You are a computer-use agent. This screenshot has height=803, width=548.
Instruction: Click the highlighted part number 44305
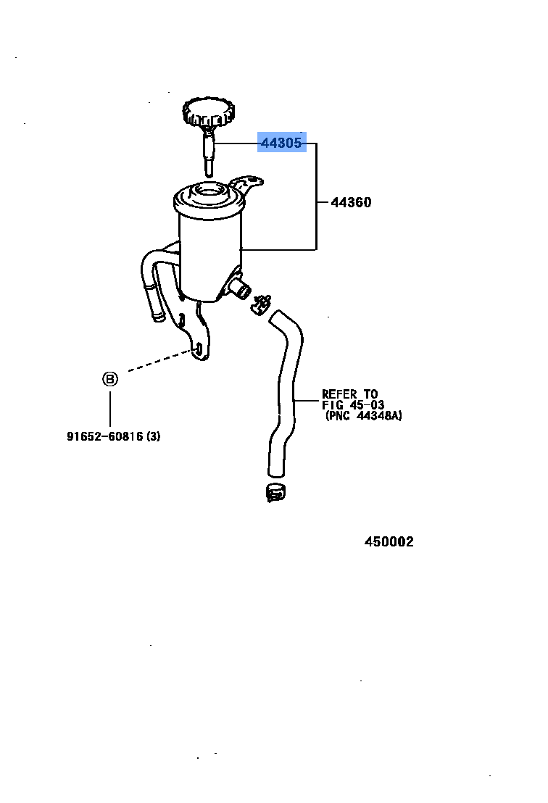(281, 143)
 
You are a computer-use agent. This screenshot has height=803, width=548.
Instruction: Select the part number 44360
(351, 203)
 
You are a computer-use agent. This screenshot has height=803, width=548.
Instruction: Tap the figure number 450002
(389, 542)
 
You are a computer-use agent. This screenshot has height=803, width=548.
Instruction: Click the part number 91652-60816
(104, 436)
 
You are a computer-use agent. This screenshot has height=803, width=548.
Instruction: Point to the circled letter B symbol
(109, 379)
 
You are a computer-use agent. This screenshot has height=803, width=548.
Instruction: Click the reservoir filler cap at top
(209, 113)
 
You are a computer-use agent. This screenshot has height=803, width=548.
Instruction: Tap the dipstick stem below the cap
(209, 155)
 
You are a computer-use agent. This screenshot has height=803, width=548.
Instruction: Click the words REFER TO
(350, 395)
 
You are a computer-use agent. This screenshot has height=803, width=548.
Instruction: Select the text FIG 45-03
(353, 405)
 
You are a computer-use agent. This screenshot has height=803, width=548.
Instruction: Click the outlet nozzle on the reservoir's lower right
(240, 289)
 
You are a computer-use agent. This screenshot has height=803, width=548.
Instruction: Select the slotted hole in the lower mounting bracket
(197, 350)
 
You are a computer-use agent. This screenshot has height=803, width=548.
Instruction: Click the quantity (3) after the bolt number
(153, 436)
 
